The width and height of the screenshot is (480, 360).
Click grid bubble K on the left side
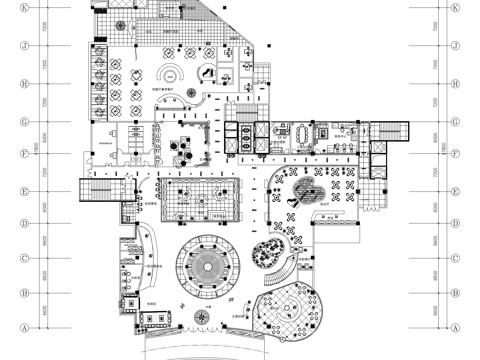point(23,8)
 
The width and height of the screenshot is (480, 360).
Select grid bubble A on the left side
point(23,328)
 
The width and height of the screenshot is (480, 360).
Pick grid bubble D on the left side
point(23,224)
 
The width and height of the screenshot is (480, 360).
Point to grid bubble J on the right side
point(456,45)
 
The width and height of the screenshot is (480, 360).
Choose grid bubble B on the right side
point(456,293)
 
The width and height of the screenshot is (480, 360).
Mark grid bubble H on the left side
point(23,83)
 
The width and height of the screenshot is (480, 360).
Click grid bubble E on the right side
point(456,189)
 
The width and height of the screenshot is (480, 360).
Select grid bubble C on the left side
point(23,258)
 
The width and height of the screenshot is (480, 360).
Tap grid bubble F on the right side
point(456,154)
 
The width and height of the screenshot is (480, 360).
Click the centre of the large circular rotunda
point(208,266)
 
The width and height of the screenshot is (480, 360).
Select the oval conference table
point(301,132)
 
